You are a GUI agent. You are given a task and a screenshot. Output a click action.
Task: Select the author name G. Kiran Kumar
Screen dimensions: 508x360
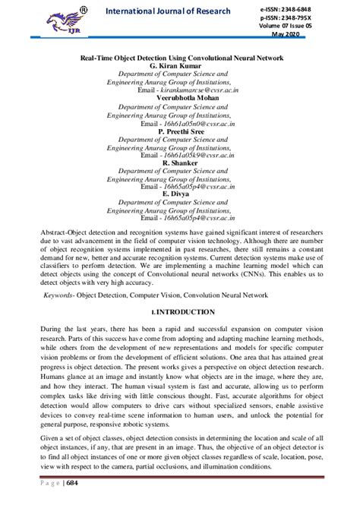pyautogui.click(x=179, y=66)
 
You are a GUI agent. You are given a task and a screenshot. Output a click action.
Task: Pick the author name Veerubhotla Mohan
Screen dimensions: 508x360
pyautogui.click(x=179, y=99)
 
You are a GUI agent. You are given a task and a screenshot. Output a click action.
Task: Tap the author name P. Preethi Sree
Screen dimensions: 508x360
pyautogui.click(x=179, y=131)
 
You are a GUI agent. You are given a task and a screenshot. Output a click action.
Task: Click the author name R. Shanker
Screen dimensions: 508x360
pyautogui.click(x=179, y=163)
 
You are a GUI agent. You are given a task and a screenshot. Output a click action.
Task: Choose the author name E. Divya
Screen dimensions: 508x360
pyautogui.click(x=179, y=194)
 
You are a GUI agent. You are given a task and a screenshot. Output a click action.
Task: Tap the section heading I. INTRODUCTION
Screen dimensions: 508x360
pyautogui.click(x=179, y=313)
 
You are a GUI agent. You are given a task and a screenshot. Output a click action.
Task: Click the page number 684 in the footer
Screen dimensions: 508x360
pyautogui.click(x=71, y=484)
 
